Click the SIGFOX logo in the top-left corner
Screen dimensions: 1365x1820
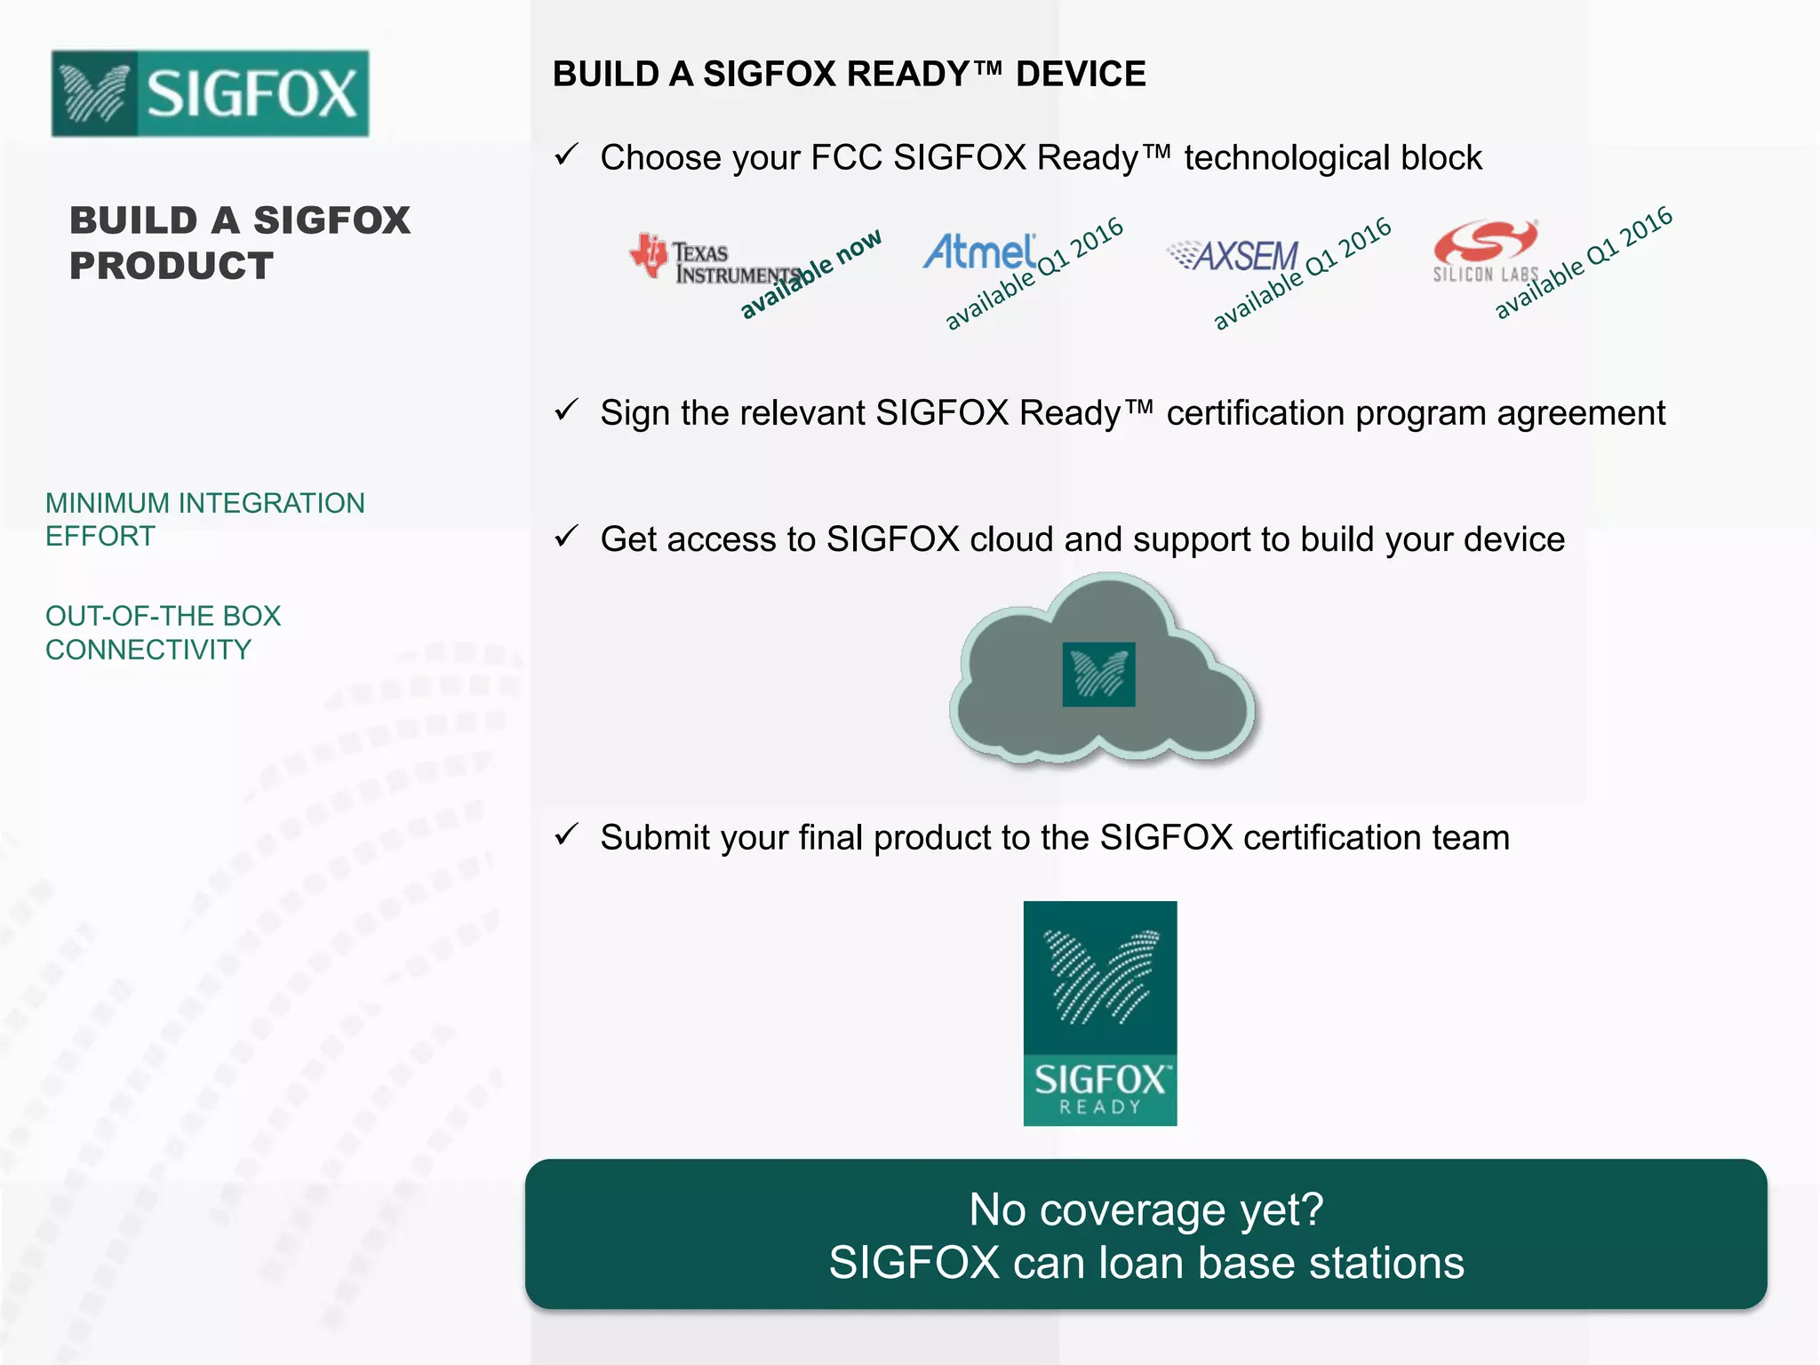pyautogui.click(x=210, y=93)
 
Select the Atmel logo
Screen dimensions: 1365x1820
pyautogui.click(x=979, y=251)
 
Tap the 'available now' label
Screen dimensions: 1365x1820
pyautogui.click(x=810, y=274)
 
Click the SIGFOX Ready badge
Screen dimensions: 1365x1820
pyautogui.click(x=1100, y=1013)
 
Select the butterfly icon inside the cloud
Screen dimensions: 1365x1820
pyautogui.click(x=1099, y=675)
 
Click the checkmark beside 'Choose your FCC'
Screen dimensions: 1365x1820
pyautogui.click(x=566, y=156)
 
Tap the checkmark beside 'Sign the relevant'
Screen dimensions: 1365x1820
pyautogui.click(x=566, y=411)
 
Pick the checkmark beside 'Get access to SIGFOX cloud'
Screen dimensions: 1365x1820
pyautogui.click(x=566, y=537)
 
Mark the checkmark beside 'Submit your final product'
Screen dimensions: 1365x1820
pyautogui.click(x=566, y=835)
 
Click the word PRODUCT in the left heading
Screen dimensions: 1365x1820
pyautogui.click(x=172, y=267)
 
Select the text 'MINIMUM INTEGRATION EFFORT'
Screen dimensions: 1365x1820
pyautogui.click(x=204, y=519)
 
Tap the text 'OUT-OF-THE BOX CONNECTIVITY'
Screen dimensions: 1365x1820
pyautogui.click(x=163, y=633)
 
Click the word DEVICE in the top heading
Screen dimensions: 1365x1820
pyautogui.click(x=1081, y=74)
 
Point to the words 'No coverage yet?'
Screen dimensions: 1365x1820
pyautogui.click(x=1146, y=1209)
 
